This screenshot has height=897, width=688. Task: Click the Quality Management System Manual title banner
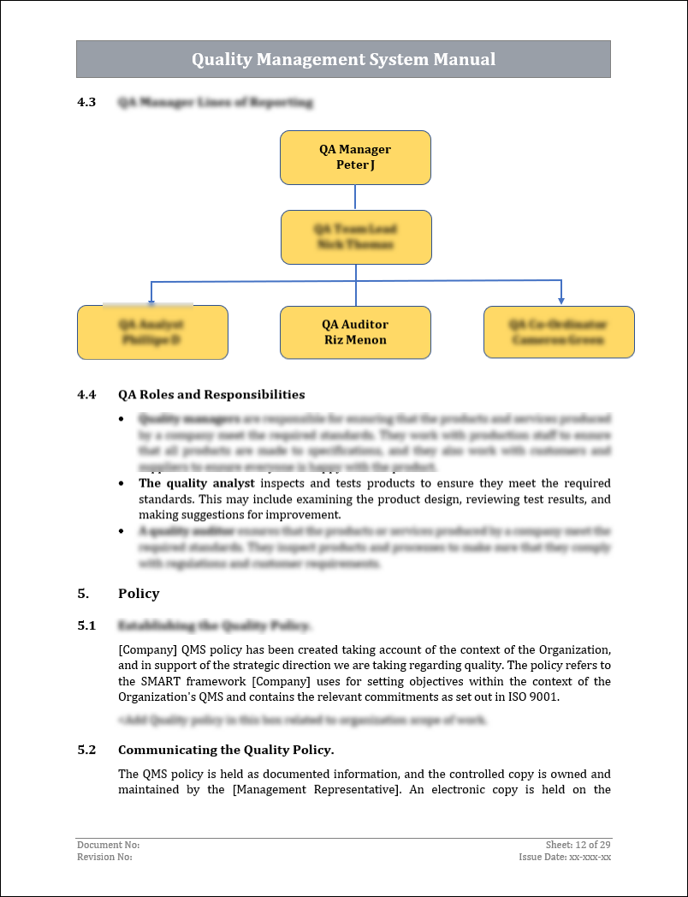tap(343, 59)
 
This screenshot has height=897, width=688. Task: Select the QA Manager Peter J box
tap(355, 158)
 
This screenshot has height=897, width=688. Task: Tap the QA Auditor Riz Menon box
tap(355, 332)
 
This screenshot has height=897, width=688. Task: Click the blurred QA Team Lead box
tap(356, 237)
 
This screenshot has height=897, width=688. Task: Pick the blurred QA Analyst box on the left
tap(152, 332)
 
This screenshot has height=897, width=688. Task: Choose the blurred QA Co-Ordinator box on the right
tap(559, 332)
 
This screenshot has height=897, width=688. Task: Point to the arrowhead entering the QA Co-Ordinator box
tap(561, 300)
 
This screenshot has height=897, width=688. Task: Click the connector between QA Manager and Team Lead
tap(355, 197)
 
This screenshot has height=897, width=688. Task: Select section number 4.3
tap(86, 103)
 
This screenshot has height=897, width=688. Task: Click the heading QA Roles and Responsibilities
tap(211, 395)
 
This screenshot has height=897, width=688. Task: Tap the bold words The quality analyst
tap(197, 483)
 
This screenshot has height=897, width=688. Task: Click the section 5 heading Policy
tap(139, 594)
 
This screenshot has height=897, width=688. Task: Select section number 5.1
tap(86, 626)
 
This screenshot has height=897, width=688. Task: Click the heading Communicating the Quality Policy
tap(226, 750)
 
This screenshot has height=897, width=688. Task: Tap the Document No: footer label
tap(108, 845)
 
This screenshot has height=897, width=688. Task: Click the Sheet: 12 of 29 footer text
tap(578, 845)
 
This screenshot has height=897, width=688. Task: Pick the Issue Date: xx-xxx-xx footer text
tap(564, 857)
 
